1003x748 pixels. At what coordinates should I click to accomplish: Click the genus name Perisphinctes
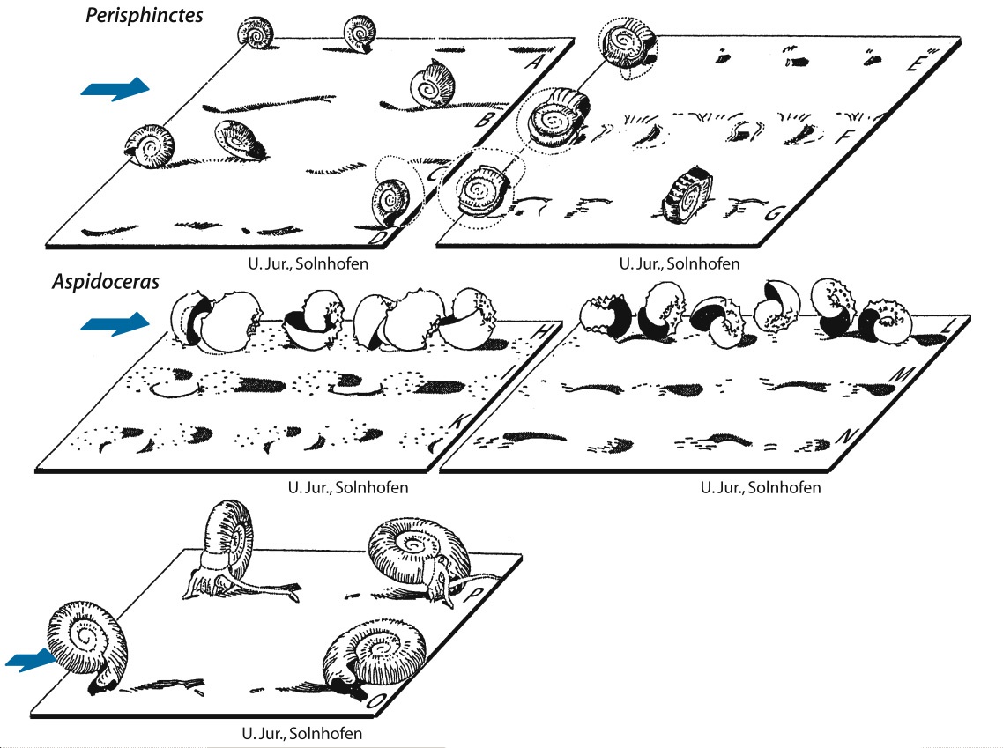click(x=144, y=15)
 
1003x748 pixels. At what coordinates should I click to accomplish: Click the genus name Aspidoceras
click(x=106, y=281)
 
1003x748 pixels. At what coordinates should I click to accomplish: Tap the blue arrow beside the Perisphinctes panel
click(x=115, y=89)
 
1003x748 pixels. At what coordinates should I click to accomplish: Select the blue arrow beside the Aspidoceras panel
click(x=115, y=323)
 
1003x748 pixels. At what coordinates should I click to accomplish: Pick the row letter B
click(x=486, y=119)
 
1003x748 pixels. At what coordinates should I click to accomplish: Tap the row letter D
click(x=379, y=237)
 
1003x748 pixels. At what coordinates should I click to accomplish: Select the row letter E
click(x=916, y=62)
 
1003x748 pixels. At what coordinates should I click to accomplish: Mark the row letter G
click(x=773, y=212)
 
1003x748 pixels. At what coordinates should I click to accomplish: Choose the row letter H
click(x=542, y=331)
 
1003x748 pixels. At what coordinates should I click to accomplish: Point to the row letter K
click(x=460, y=421)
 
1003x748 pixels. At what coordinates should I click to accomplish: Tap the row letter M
click(x=901, y=374)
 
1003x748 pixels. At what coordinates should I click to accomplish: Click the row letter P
click(x=475, y=595)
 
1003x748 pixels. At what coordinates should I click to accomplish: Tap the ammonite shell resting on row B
click(x=433, y=84)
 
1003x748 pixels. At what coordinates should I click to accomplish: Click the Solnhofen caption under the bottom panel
click(x=302, y=733)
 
